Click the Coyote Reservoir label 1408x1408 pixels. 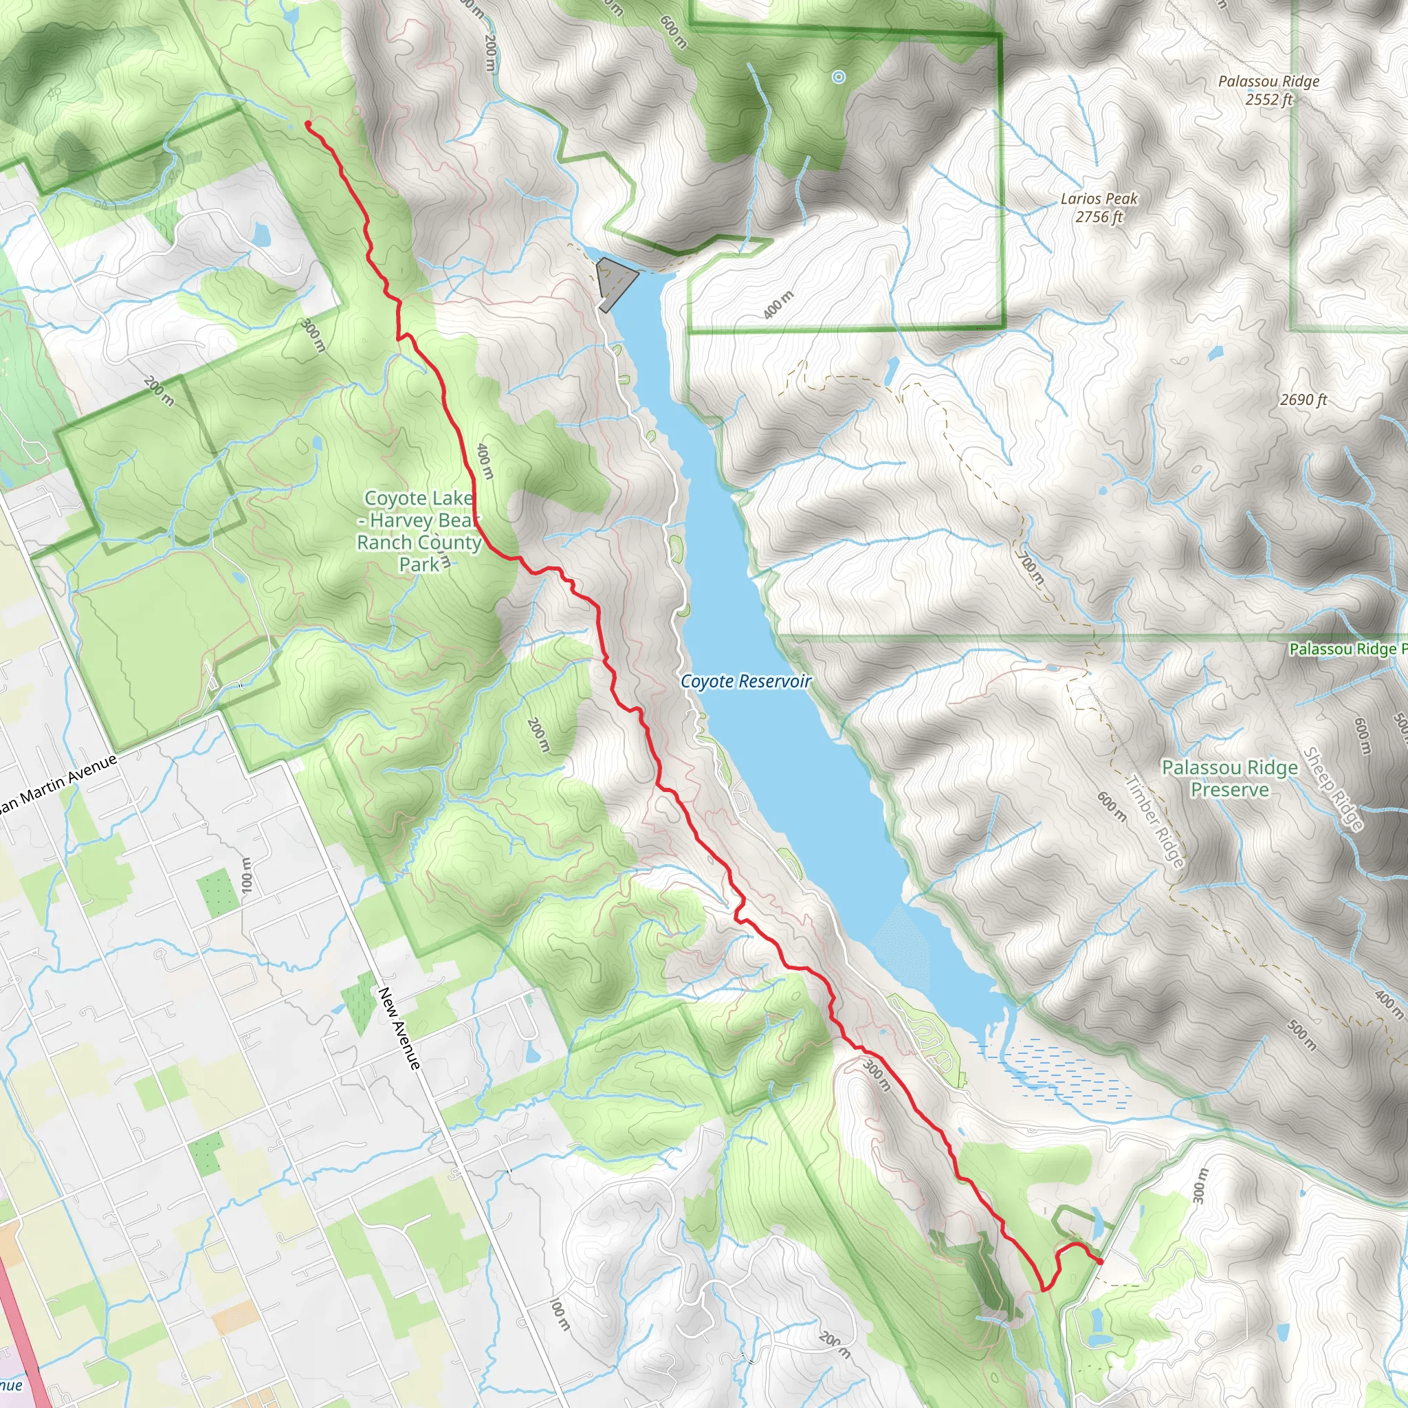pos(745,681)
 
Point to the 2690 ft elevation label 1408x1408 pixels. pos(1303,399)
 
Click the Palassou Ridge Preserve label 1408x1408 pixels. pos(1229,778)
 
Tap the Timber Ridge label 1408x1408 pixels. pos(1155,821)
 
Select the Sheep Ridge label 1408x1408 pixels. pos(1332,789)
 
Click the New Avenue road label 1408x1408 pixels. pos(399,1028)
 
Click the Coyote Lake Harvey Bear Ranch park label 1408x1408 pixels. pos(419,531)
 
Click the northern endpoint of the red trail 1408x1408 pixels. pos(307,124)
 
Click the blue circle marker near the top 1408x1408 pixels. pos(839,76)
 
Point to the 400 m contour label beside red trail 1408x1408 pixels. pos(485,461)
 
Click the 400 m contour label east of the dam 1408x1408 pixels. pos(778,305)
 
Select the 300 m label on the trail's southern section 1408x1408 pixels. pos(877,1075)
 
